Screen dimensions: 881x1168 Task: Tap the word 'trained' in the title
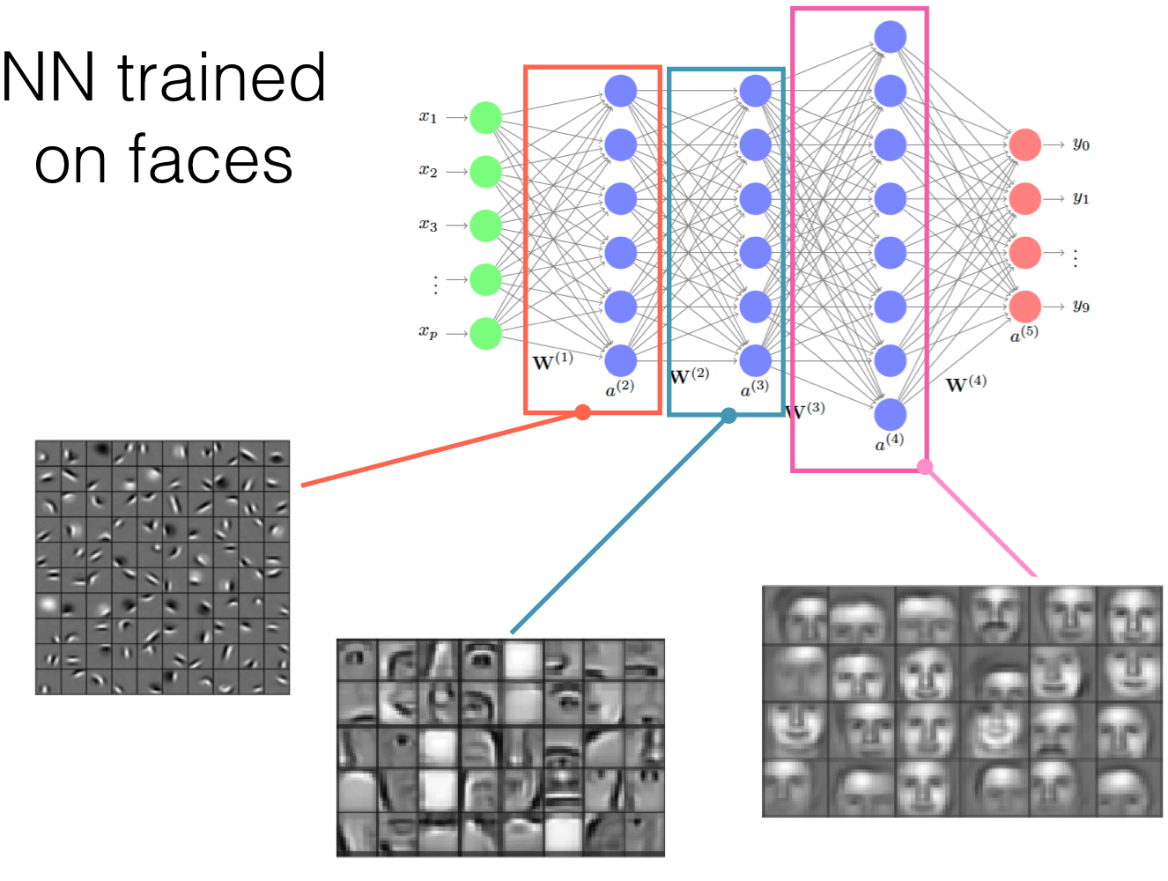(x=222, y=78)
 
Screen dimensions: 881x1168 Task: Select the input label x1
(x=428, y=116)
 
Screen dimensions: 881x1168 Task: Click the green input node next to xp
(x=485, y=334)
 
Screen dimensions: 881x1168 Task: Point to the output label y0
(x=1081, y=144)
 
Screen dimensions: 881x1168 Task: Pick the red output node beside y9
(x=1025, y=307)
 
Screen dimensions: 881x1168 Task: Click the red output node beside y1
(x=1025, y=198)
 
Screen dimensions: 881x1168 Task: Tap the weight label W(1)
(x=552, y=361)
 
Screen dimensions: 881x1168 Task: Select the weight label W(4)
(x=965, y=384)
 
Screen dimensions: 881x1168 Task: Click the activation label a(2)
(x=619, y=388)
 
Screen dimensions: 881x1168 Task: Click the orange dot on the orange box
(x=582, y=412)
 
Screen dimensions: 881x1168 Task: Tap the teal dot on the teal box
(x=728, y=416)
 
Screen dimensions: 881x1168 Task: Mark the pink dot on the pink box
(x=924, y=467)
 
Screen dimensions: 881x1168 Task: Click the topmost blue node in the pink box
(x=891, y=37)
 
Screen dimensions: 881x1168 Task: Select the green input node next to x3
(x=485, y=226)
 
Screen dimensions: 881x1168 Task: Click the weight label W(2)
(x=689, y=376)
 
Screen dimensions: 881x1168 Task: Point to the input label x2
(x=428, y=171)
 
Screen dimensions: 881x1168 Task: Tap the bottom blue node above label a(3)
(x=756, y=360)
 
